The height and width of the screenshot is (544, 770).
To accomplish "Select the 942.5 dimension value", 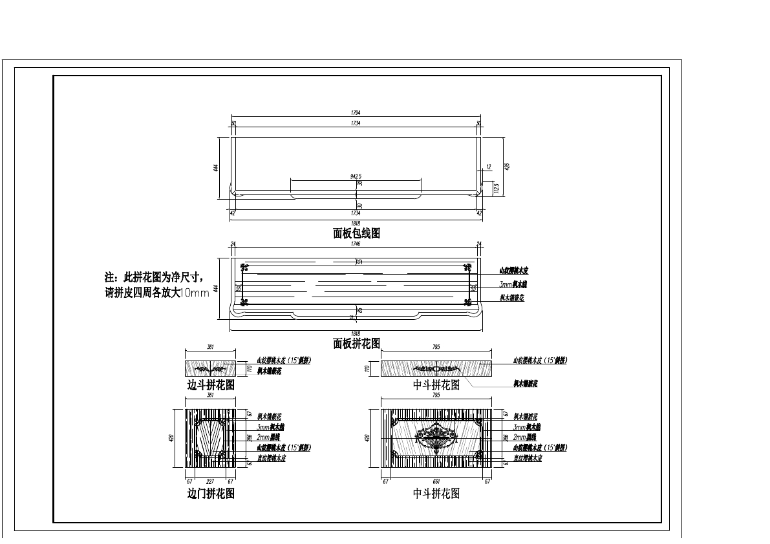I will (x=356, y=176).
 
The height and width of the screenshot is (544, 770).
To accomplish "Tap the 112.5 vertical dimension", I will (x=497, y=187).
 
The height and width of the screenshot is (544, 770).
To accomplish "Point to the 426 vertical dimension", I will (x=508, y=166).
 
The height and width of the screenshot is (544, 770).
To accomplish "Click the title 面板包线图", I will (x=356, y=233).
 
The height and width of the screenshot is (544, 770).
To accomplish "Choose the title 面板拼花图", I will (x=356, y=343).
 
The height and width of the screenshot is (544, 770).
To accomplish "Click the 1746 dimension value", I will (x=356, y=244).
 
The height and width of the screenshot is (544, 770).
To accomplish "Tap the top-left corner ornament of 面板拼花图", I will (x=243, y=267).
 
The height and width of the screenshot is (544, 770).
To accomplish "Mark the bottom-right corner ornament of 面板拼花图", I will (x=468, y=301).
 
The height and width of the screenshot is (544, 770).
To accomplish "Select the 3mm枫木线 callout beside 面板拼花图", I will (x=513, y=284).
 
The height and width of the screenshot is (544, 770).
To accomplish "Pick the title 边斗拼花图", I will (x=211, y=384).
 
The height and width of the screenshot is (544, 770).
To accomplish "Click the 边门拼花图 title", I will (x=211, y=494).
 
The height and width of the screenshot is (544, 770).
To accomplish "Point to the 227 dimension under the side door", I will (x=209, y=481).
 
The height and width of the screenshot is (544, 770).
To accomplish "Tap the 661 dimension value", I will (x=436, y=481).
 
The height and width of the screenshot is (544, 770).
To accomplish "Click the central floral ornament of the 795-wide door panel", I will (x=436, y=436).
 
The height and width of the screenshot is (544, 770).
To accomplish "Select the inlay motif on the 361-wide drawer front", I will (x=211, y=369).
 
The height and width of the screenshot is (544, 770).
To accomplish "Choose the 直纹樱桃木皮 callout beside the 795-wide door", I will (x=527, y=458).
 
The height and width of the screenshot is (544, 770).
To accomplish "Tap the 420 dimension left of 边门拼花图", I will (x=171, y=437).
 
